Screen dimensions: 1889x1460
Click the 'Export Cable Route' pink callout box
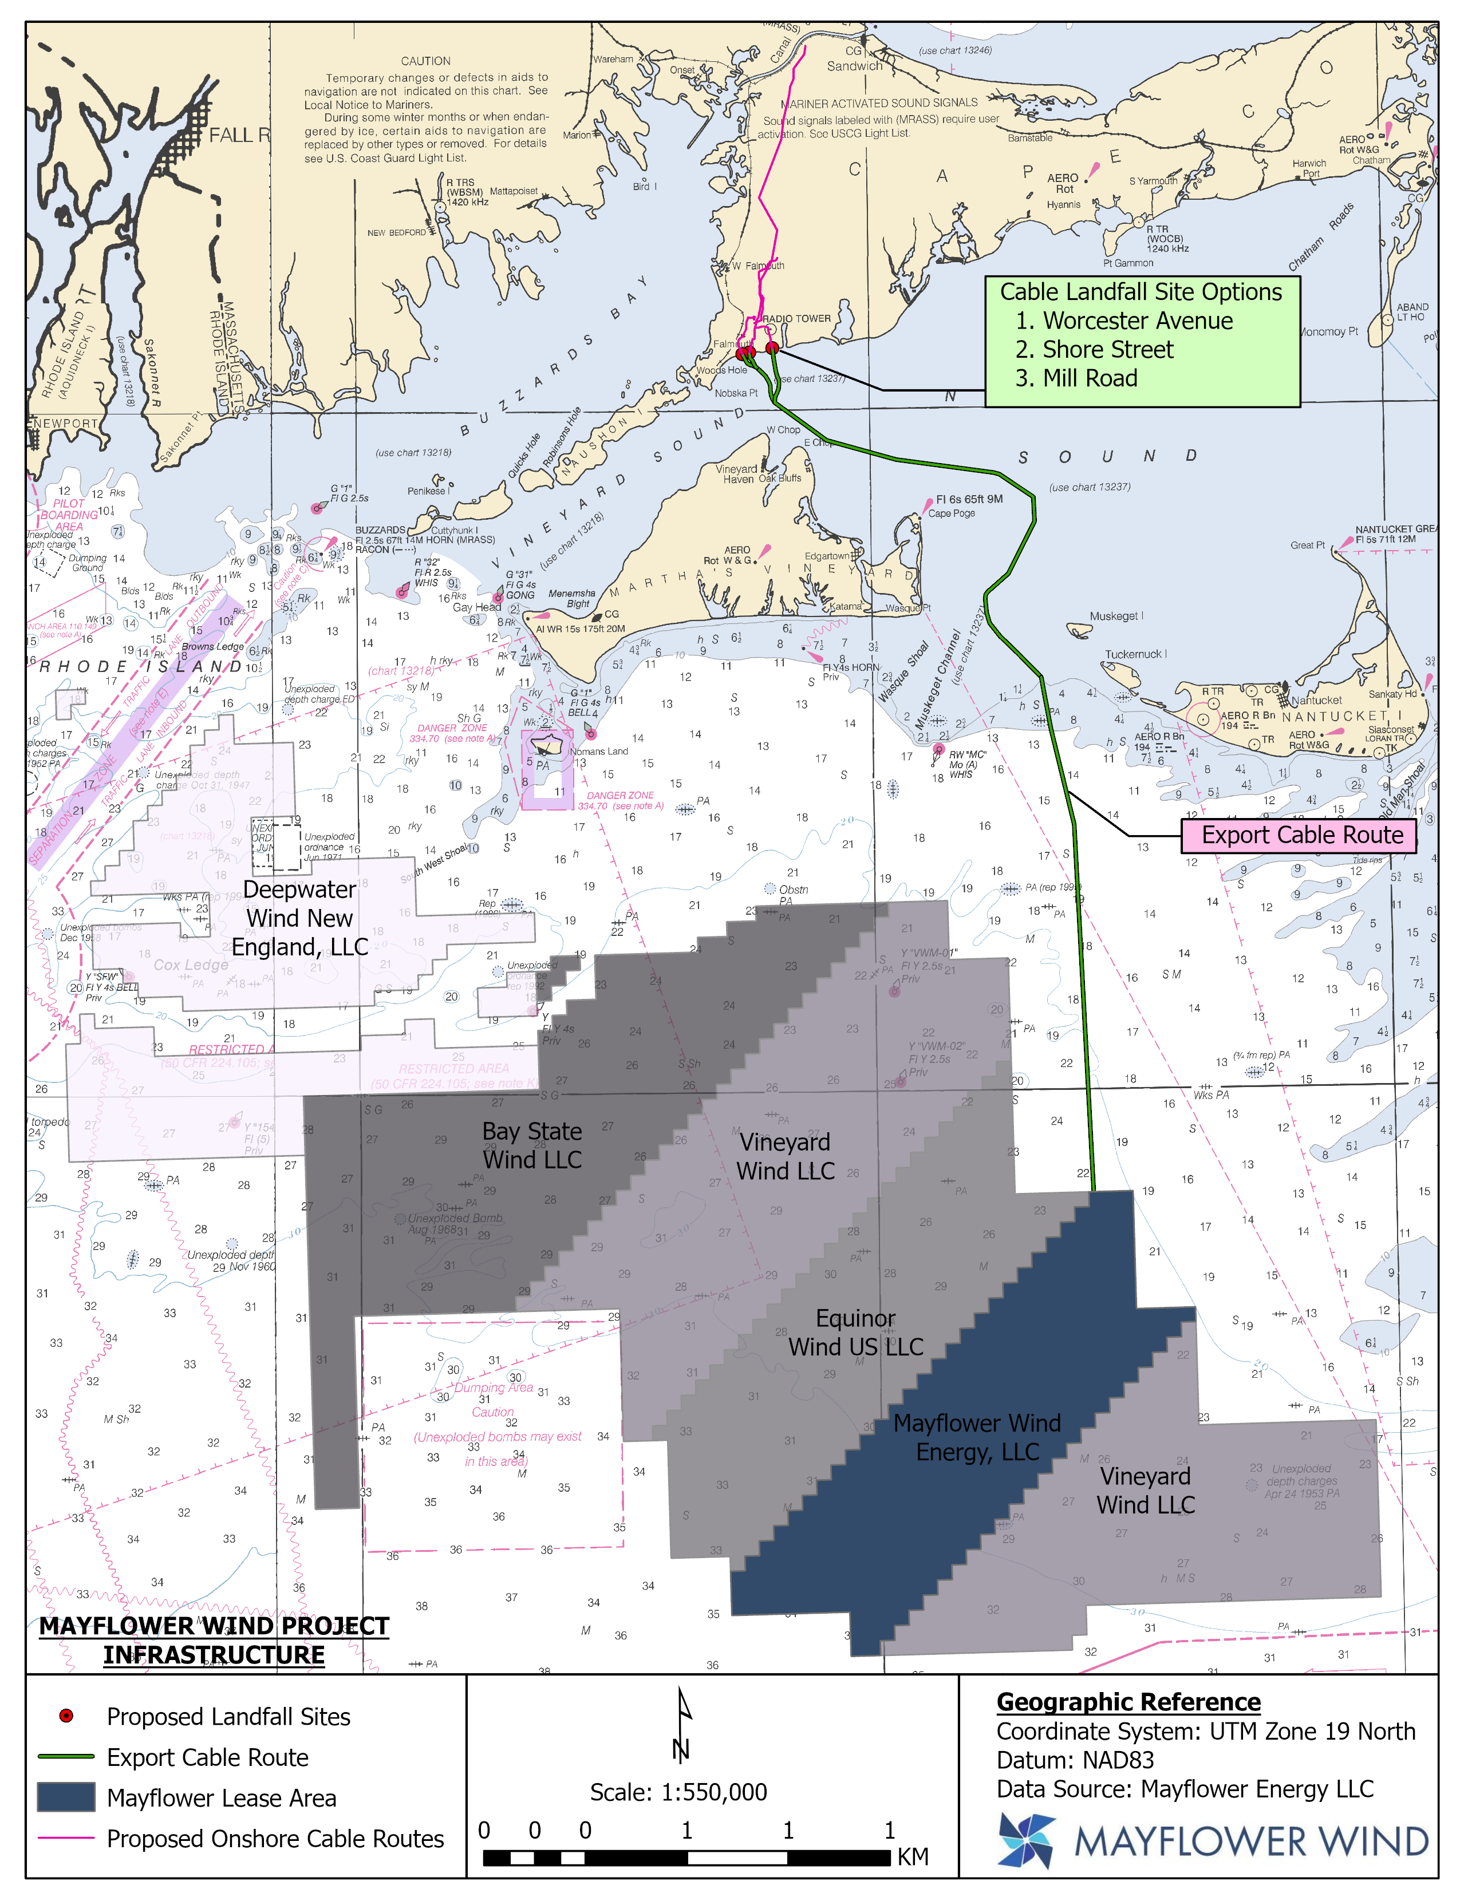click(x=1299, y=836)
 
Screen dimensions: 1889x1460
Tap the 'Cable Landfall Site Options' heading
click(x=1141, y=293)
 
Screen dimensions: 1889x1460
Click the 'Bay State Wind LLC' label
click(x=532, y=1145)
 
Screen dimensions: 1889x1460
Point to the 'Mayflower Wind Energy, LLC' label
click(x=977, y=1437)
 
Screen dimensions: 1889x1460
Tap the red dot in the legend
click(x=66, y=1716)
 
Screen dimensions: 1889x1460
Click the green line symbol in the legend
click(x=66, y=1757)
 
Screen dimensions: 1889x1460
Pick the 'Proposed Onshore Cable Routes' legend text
click(x=275, y=1838)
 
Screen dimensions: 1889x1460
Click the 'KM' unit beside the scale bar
click(x=913, y=1857)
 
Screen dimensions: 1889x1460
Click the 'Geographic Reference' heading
click(x=1128, y=1702)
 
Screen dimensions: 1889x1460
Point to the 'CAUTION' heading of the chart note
click(x=425, y=61)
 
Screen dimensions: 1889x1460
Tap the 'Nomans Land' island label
click(x=598, y=751)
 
